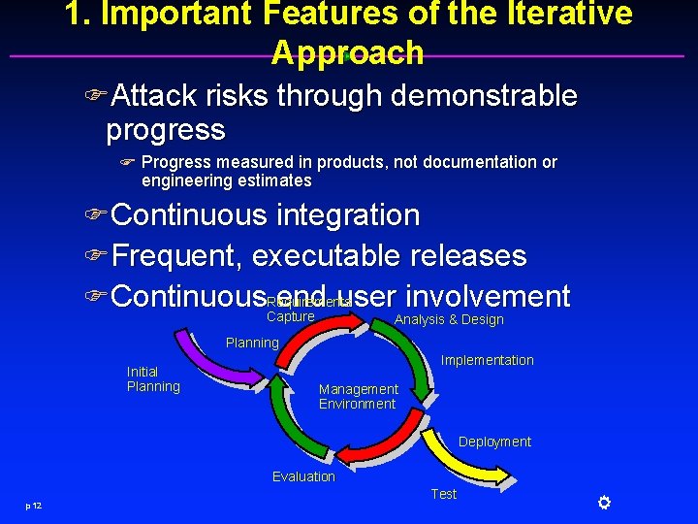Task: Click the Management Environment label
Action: click(358, 397)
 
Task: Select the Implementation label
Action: click(487, 360)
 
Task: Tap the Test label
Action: click(443, 494)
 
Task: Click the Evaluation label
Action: click(303, 476)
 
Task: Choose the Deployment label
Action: click(494, 442)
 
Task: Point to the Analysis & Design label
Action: click(449, 319)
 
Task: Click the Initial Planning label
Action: click(153, 379)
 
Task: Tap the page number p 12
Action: click(34, 506)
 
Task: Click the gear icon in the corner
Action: click(603, 502)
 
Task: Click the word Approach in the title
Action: click(347, 52)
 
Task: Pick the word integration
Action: click(348, 215)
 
